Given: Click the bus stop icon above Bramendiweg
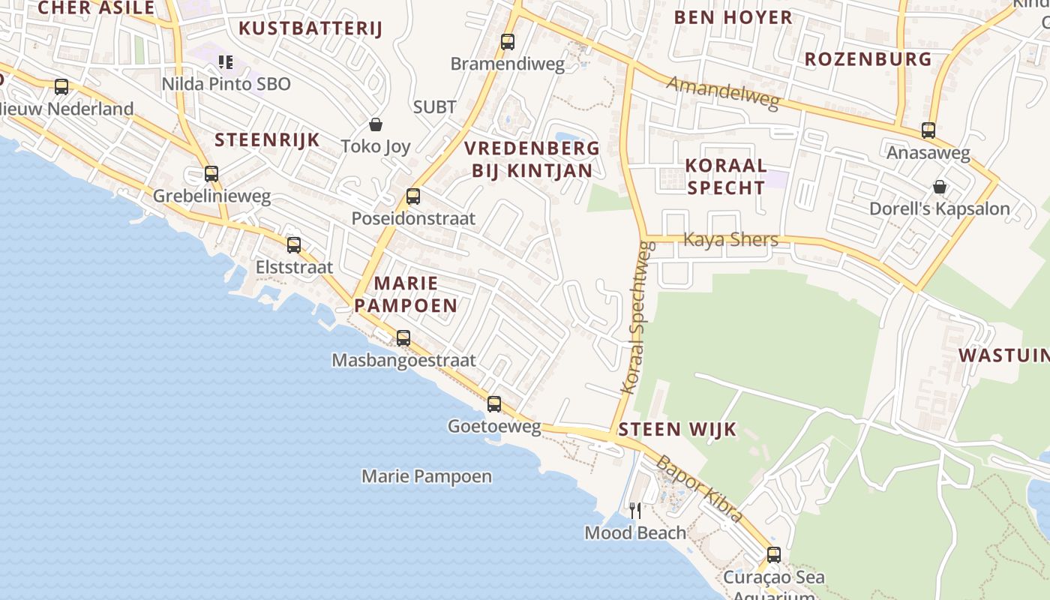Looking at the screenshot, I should (508, 42).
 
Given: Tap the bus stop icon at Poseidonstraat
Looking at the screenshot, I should (412, 196).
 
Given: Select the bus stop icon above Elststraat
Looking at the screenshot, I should (294, 244).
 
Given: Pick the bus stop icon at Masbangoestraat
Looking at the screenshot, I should (403, 338).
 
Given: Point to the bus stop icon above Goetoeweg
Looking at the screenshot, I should (494, 404).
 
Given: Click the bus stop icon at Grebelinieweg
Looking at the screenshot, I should (211, 174).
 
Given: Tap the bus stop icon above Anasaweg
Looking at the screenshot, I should (928, 130).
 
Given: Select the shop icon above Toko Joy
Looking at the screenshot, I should (375, 124).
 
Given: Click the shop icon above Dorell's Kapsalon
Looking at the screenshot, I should (939, 187).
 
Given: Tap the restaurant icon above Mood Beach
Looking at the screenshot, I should (635, 511).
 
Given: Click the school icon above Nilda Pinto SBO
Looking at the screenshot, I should (226, 61).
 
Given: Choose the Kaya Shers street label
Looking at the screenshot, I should (730, 240).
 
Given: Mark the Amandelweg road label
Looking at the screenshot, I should (723, 92).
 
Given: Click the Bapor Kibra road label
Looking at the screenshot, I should (699, 488).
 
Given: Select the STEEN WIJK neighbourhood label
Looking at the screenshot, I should (677, 430).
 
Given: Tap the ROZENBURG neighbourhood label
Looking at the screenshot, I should (868, 59).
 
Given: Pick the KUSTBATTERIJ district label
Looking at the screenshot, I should (310, 29).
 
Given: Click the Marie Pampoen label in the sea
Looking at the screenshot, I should (427, 476).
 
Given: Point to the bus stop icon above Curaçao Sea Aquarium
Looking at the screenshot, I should (774, 555).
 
